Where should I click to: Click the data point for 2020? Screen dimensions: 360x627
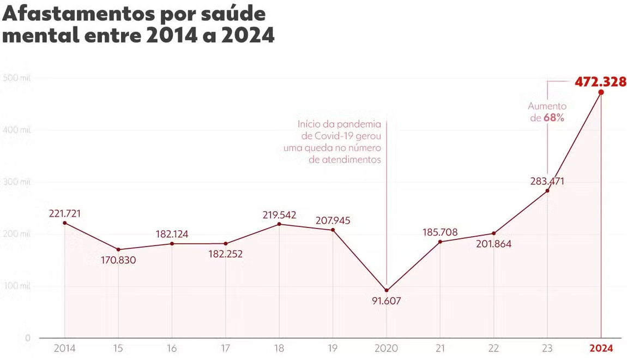[387, 290]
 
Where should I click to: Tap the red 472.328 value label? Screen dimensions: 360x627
[600, 82]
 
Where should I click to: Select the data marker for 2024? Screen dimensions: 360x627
[601, 92]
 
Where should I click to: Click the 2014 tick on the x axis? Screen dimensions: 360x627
[64, 348]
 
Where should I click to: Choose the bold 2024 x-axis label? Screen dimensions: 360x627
[601, 348]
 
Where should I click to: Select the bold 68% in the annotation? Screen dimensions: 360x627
[554, 118]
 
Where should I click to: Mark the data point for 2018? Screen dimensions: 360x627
[279, 224]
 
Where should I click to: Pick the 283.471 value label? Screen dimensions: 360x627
[547, 181]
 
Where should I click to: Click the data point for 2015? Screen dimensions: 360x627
[118, 250]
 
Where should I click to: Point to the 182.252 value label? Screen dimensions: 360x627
[225, 254]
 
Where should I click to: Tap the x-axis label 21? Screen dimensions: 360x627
[440, 348]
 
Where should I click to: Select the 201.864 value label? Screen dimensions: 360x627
[493, 244]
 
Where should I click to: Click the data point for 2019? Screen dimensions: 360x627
[333, 230]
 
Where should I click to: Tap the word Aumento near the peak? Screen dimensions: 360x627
[547, 106]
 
